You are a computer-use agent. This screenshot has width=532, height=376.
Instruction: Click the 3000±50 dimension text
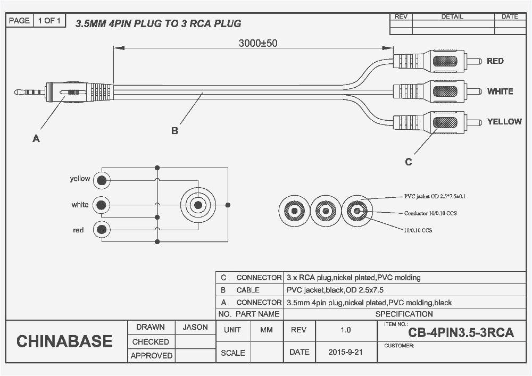point(257,43)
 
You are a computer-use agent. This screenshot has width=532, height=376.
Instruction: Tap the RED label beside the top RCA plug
point(495,61)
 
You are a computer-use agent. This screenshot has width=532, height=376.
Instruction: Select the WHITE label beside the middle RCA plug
point(500,91)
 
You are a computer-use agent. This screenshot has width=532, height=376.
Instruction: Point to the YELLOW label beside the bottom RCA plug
point(504,122)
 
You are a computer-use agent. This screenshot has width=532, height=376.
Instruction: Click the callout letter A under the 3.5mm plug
point(36,139)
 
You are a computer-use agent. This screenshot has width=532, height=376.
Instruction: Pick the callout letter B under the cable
point(174,130)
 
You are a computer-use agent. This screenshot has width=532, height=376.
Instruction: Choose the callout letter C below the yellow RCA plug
point(408,162)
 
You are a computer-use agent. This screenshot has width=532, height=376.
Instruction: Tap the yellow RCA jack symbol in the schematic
point(101,181)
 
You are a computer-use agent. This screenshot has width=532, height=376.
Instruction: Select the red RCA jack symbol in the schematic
point(101,230)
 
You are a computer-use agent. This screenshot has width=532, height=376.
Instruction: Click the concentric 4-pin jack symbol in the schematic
point(198,205)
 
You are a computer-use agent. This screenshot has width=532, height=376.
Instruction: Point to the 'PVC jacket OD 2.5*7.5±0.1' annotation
point(435,197)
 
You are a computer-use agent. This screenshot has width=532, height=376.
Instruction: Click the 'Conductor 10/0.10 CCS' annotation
point(430,213)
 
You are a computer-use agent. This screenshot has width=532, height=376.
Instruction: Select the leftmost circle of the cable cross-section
point(294,211)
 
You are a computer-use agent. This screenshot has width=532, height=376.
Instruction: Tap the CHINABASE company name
point(64,341)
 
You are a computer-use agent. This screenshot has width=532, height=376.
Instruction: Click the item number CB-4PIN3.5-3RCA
point(461,333)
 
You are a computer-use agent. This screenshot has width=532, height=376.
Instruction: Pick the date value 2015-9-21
point(345,352)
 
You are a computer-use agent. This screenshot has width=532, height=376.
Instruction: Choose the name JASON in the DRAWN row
point(195,328)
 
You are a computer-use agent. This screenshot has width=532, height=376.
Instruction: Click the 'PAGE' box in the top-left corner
point(19,21)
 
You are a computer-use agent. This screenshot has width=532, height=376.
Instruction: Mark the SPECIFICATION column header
point(404,314)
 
